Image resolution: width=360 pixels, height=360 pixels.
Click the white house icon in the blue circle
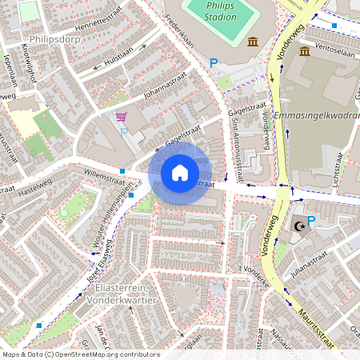(x=180, y=172)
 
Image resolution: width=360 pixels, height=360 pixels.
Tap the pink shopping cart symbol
(x=121, y=117)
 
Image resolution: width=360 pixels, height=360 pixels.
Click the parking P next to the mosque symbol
(x=311, y=221)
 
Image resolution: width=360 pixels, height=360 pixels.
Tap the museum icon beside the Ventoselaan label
(x=305, y=51)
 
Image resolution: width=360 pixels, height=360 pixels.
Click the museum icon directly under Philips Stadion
(x=253, y=42)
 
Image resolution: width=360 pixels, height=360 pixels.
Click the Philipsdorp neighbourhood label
(x=54, y=38)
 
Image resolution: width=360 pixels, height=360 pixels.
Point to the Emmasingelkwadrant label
(x=316, y=116)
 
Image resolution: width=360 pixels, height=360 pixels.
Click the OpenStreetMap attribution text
(x=81, y=354)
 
